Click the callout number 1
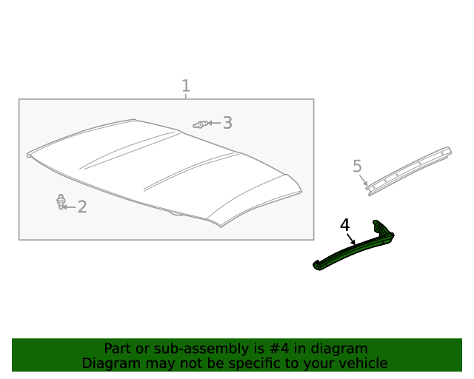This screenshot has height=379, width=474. point(186,86)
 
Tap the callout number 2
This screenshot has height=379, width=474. point(82,207)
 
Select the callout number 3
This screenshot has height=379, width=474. point(227,123)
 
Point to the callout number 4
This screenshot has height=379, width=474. point(344,224)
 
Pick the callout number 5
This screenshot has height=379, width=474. point(357,167)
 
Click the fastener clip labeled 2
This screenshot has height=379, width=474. point(60,201)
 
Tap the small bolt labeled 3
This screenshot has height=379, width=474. point(198,124)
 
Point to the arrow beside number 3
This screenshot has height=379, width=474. point(213,123)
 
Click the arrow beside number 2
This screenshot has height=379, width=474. point(69,207)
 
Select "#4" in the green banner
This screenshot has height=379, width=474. point(301,349)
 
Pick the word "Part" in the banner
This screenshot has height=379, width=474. point(118,349)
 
